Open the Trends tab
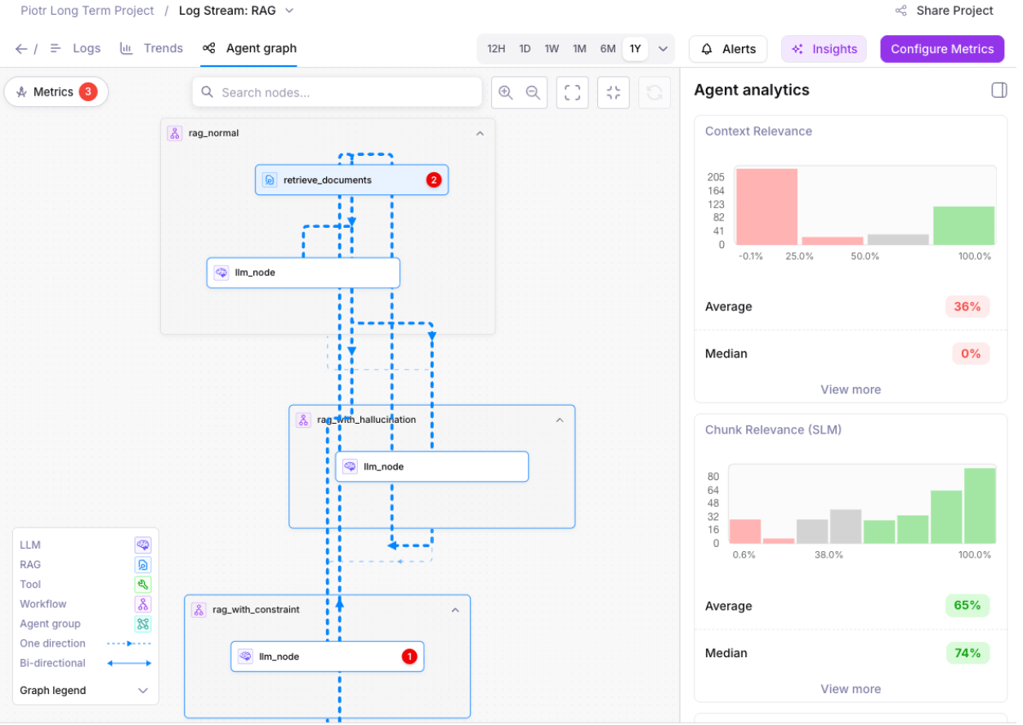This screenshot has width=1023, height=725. tap(152, 48)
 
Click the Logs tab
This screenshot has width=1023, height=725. tap(76, 48)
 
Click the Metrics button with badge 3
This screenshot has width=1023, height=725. tap(56, 92)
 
